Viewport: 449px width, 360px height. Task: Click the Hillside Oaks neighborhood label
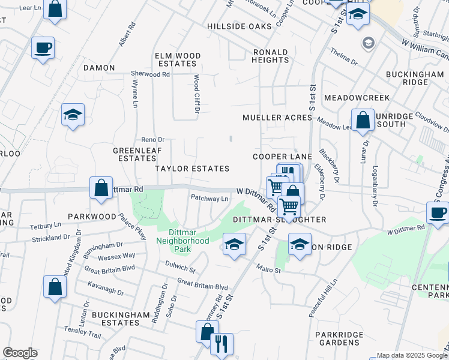239,26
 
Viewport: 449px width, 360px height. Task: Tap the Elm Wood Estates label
176,59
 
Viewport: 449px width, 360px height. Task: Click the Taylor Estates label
192,169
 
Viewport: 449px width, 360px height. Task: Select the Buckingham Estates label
112,318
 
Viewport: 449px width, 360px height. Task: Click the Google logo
19,353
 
